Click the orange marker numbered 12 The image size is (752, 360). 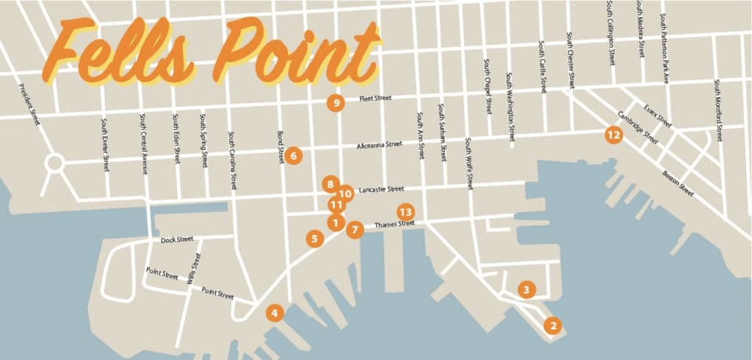tap(613, 134)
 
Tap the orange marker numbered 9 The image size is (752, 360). tap(336, 103)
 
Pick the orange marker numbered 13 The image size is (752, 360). tap(405, 212)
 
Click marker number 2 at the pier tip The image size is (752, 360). tap(553, 324)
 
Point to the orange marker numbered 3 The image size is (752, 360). tap(526, 289)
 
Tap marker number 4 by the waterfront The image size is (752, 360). tap(274, 313)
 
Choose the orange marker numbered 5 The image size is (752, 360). tap(314, 238)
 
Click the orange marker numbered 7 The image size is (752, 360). tap(355, 229)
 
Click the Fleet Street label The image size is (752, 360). tap(375, 98)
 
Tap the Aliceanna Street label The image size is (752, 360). tap(380, 145)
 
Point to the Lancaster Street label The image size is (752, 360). tap(381, 189)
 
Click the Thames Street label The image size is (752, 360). tap(394, 224)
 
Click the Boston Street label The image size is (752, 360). tap(677, 182)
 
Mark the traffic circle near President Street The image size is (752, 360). tap(54, 163)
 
